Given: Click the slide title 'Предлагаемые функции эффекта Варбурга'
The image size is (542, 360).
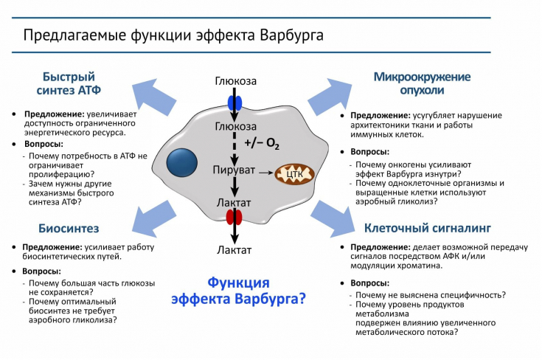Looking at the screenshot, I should [x=173, y=35].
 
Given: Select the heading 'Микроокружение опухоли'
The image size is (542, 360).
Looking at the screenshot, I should [x=422, y=83].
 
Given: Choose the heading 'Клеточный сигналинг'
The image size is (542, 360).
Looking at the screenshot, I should [x=428, y=228].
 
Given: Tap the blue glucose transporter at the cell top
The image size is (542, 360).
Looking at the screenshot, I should [x=235, y=101].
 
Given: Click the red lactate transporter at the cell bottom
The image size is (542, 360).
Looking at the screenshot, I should [x=234, y=217].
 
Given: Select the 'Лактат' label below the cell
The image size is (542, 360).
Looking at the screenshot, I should [x=234, y=250].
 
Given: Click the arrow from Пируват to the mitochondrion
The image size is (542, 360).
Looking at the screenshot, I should [x=265, y=173].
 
